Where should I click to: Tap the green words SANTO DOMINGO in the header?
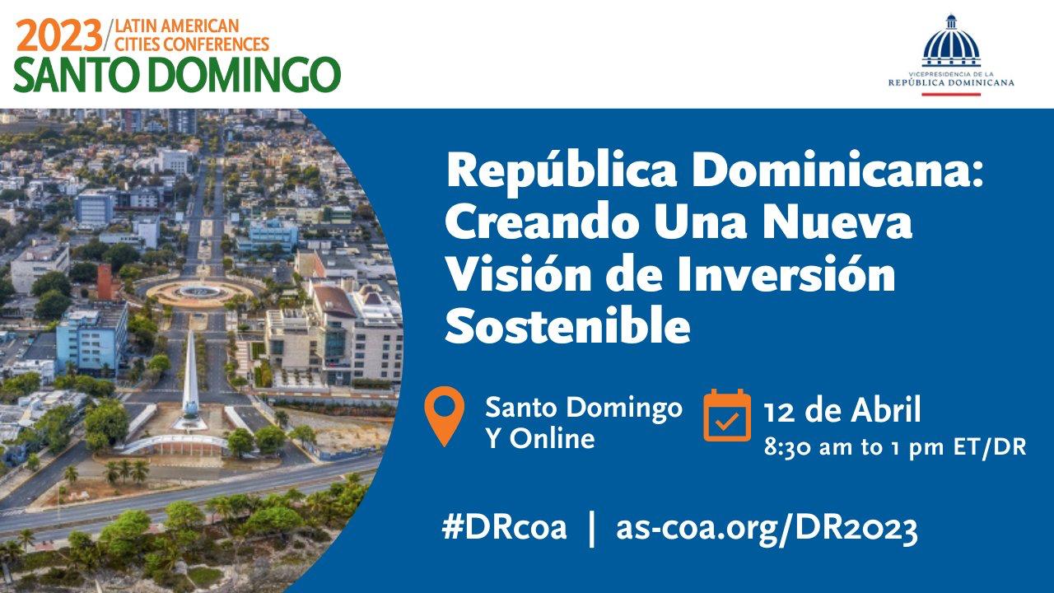(176, 75)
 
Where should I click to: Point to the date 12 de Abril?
(842, 409)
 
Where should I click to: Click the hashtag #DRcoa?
(504, 527)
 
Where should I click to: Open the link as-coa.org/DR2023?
(767, 527)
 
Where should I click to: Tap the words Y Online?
(539, 438)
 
